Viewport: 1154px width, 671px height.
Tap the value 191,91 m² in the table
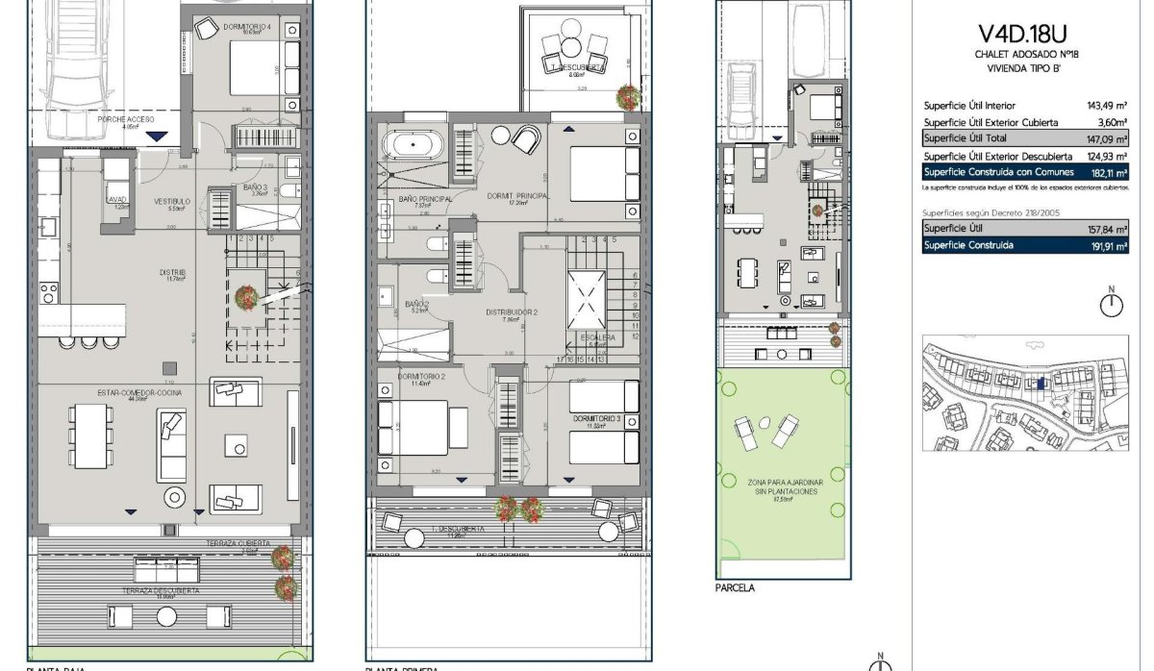[x=1106, y=245]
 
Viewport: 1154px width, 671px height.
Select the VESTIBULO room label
[x=173, y=202]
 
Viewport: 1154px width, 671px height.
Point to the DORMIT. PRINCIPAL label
[x=517, y=195]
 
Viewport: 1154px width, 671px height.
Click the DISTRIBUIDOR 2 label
[x=511, y=312]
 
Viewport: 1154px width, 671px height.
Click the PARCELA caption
[x=735, y=588]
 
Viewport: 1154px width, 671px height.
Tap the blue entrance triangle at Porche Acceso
[x=156, y=137]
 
